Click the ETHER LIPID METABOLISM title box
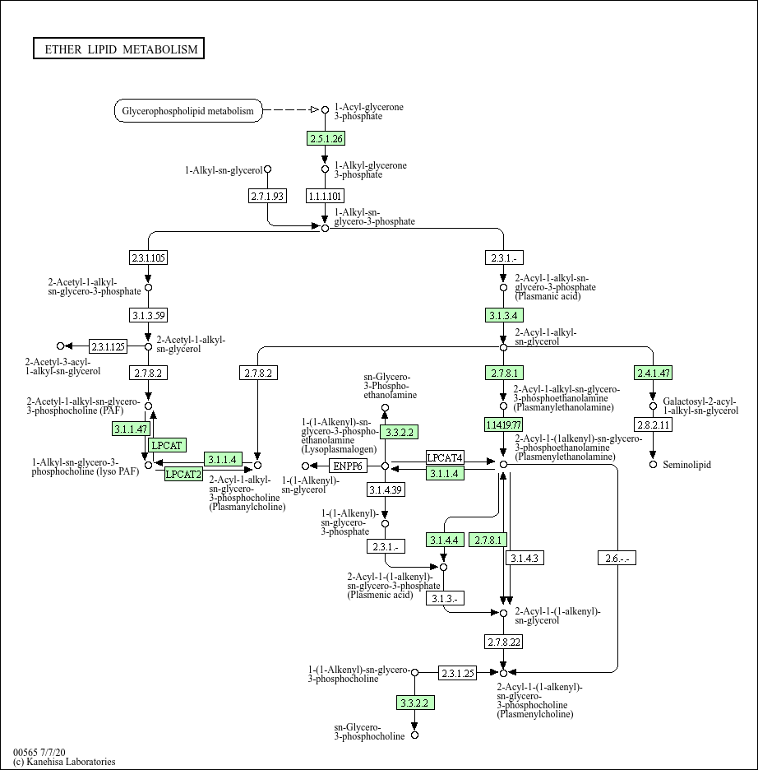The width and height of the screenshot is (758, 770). click(118, 49)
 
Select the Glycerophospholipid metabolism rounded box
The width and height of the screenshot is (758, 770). click(188, 110)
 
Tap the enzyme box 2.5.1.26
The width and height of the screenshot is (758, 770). click(326, 138)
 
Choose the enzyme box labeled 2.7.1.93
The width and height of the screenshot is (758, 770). click(267, 195)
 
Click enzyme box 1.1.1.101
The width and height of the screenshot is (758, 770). click(325, 195)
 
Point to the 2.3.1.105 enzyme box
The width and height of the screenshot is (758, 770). click(148, 257)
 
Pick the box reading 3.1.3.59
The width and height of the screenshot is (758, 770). click(148, 314)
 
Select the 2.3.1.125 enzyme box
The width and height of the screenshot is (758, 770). click(108, 346)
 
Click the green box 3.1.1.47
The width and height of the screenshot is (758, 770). click(130, 429)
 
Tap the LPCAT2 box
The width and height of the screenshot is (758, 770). click(183, 473)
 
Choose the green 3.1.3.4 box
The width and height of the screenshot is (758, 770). click(503, 314)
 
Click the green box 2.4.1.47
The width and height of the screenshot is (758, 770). click(654, 373)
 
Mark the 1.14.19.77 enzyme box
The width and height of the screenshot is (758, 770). click(503, 424)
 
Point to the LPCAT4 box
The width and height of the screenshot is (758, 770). click(445, 457)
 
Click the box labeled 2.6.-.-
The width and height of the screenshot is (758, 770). click(617, 559)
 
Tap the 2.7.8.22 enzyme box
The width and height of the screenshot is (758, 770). click(503, 641)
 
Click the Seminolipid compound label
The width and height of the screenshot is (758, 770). click(686, 465)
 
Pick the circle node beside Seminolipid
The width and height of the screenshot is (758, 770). click(654, 465)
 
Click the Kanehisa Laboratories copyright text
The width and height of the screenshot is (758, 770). click(64, 762)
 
